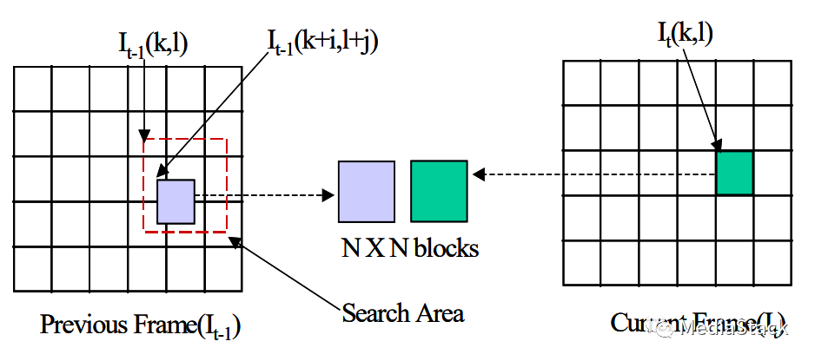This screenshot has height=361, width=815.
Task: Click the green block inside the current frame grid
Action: [x=734, y=172]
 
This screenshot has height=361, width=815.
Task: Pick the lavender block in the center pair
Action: [x=367, y=191]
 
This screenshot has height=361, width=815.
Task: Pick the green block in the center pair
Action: [x=440, y=191]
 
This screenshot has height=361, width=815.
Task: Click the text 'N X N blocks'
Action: [x=409, y=248]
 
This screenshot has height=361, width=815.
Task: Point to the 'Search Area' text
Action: [x=402, y=312]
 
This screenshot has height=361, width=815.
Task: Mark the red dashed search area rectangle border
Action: [x=228, y=187]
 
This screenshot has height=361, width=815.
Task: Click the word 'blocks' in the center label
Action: [x=445, y=248]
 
